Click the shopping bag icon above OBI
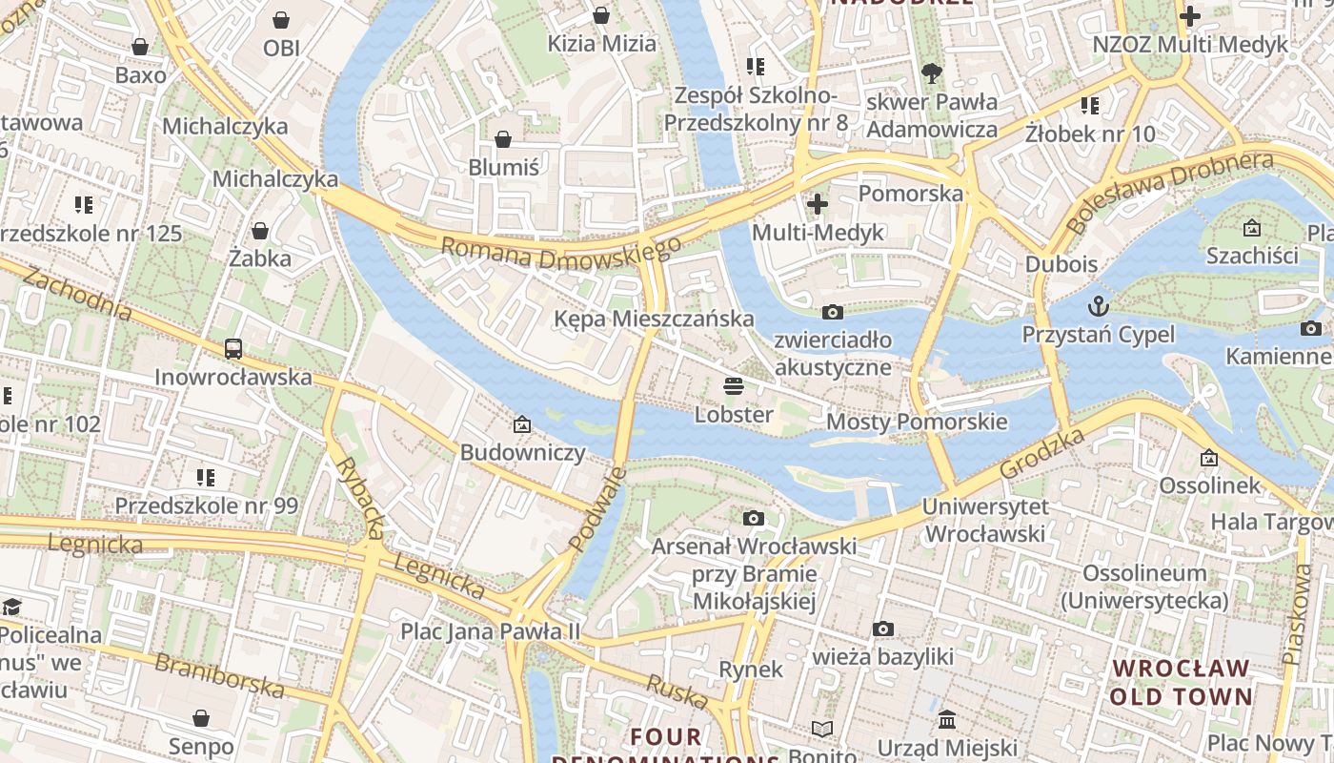[281, 20]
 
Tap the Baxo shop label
[140, 74]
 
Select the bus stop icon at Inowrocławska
[233, 349]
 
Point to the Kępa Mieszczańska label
[654, 319]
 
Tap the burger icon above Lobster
[733, 386]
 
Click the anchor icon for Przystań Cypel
[1099, 306]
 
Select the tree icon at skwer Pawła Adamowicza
[931, 73]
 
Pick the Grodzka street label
[1042, 455]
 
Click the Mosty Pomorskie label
[917, 422]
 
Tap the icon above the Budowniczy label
[521, 424]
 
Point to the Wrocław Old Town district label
[1181, 682]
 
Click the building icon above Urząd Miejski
[946, 720]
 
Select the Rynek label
[751, 670]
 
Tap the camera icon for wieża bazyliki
[883, 629]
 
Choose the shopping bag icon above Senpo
[201, 718]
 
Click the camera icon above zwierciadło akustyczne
[832, 313]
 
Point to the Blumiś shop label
[503, 168]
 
